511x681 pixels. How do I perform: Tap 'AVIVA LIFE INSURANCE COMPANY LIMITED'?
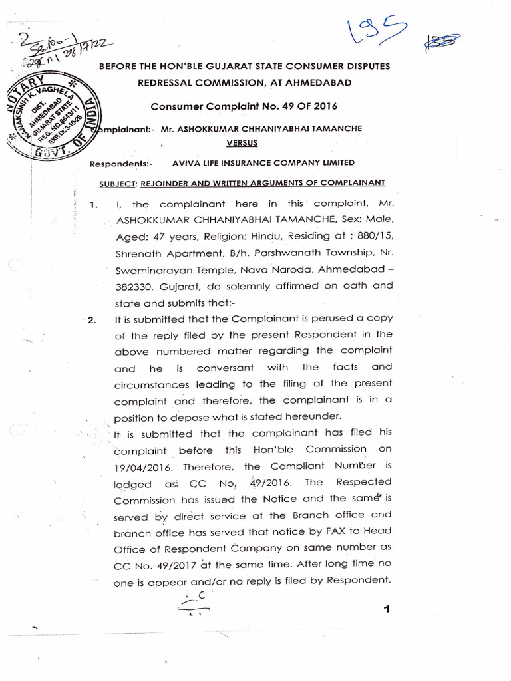tap(263, 163)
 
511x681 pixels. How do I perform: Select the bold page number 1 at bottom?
tap(386, 610)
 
